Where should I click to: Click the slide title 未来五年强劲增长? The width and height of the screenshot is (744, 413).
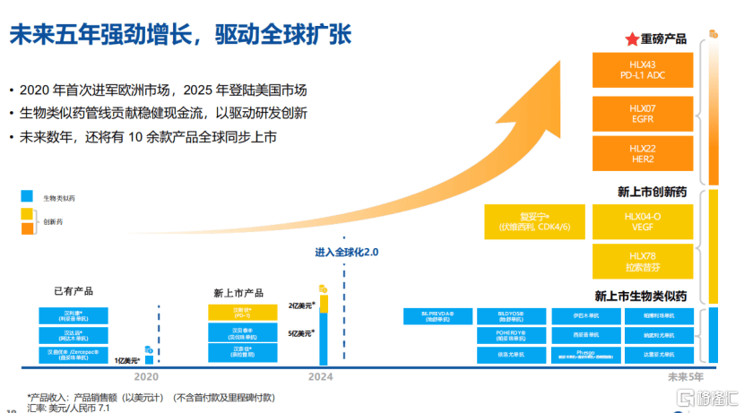(179, 36)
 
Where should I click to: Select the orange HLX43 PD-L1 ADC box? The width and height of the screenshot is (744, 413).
(644, 70)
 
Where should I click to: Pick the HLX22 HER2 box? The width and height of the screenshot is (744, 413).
(644, 152)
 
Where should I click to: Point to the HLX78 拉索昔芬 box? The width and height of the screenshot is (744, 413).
(644, 261)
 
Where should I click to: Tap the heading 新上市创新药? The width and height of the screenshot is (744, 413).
(653, 192)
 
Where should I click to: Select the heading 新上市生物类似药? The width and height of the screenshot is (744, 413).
(640, 296)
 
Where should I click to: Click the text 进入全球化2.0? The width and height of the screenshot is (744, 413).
(347, 253)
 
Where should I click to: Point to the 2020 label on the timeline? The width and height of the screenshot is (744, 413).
(147, 377)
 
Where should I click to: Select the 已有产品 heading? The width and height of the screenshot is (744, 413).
(73, 291)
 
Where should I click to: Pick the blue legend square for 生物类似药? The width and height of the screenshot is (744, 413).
(27, 196)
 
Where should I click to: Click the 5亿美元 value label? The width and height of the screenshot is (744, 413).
(300, 333)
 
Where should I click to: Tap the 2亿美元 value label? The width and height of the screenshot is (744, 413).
(300, 305)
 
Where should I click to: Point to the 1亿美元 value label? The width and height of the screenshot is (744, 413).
(126, 359)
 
